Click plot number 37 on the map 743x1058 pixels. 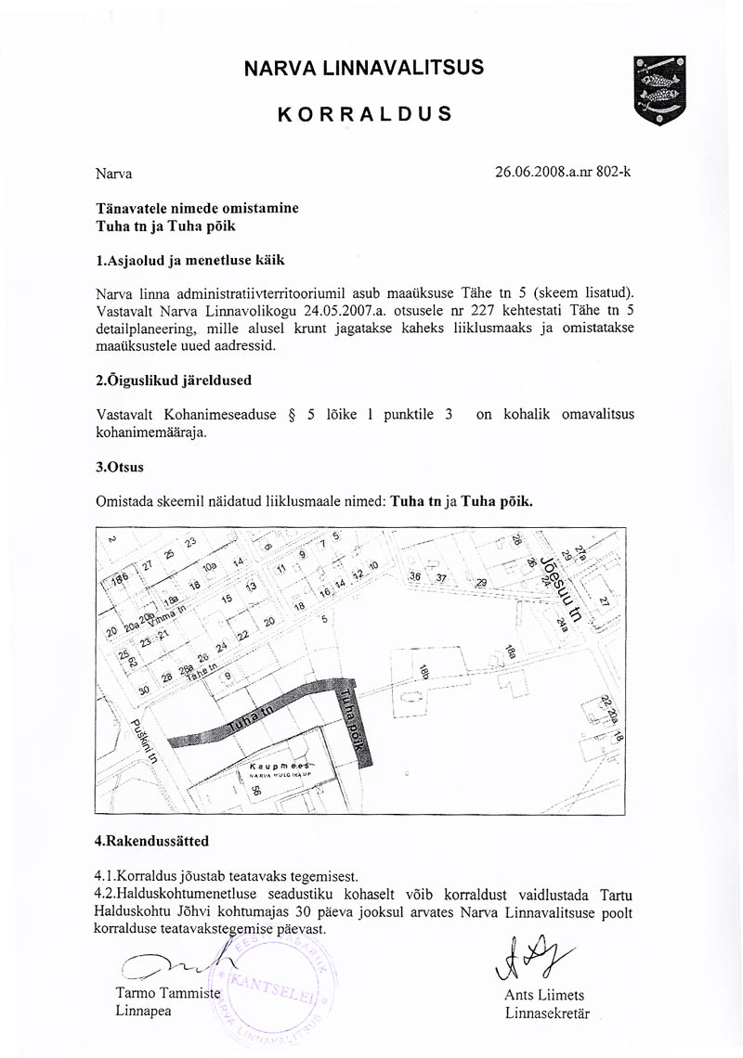point(441,577)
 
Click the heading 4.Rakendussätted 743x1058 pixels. point(152,841)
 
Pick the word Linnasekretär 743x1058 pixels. point(547,1013)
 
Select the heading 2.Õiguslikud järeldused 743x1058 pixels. point(174,381)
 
